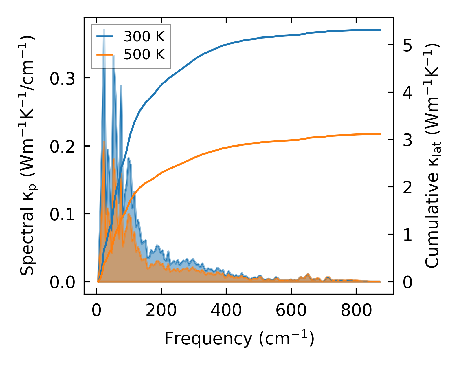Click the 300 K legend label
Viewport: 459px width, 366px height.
(144, 37)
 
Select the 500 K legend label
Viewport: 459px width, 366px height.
(144, 54)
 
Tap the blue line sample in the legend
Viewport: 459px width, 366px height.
(104, 36)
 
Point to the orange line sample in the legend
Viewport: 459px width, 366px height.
(104, 54)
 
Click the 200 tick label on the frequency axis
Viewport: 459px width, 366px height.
(161, 311)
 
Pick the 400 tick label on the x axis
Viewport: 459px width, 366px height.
(226, 311)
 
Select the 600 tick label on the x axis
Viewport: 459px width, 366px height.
(291, 311)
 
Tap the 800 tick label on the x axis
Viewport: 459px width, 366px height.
(356, 311)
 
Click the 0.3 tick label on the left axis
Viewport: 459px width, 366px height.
(62, 78)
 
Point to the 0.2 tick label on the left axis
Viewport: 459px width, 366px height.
(62, 146)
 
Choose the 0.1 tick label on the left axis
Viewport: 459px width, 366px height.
(62, 214)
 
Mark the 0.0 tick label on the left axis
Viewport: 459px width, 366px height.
(62, 282)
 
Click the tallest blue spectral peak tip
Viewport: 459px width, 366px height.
(104, 30)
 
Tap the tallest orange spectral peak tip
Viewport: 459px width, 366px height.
(104, 142)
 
